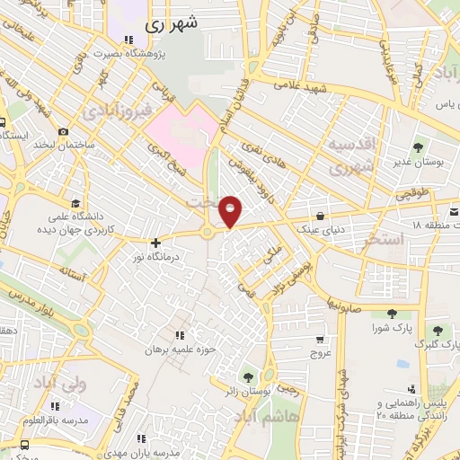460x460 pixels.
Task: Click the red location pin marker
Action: [x=231, y=211]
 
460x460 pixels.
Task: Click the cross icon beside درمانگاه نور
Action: [x=156, y=243]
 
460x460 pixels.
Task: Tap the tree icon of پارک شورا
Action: [x=393, y=314]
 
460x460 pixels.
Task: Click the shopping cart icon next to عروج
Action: [x=321, y=340]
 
